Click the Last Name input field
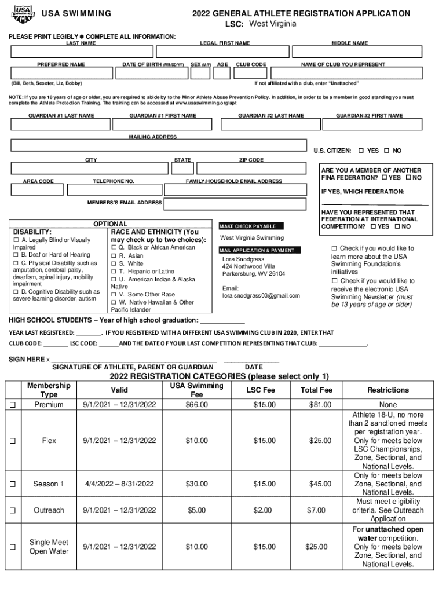click(x=81, y=53)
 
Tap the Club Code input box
click(x=251, y=73)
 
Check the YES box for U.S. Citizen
click(x=361, y=151)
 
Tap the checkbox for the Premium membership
click(x=12, y=405)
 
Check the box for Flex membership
click(x=12, y=441)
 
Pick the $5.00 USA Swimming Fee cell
click(x=197, y=510)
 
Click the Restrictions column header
click(x=388, y=390)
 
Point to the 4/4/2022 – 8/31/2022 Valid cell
click(x=119, y=484)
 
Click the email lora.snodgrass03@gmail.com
click(x=261, y=296)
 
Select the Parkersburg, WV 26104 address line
click(x=254, y=274)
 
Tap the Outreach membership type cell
click(x=49, y=510)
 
